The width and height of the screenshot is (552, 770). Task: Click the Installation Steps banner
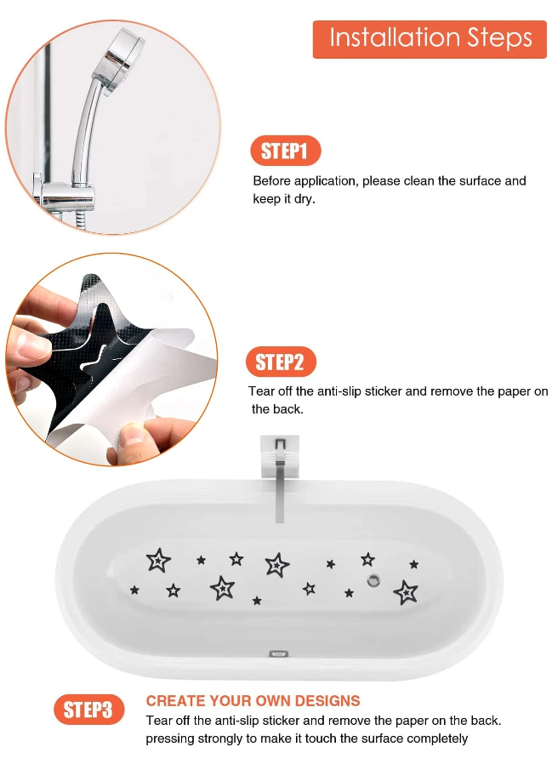click(430, 39)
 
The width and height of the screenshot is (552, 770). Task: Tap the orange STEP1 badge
click(285, 151)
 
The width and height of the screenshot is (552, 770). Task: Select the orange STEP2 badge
click(280, 362)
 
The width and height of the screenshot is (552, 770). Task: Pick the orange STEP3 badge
click(88, 710)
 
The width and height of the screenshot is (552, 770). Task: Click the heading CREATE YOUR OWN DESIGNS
click(253, 701)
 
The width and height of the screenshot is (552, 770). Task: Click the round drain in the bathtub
click(372, 580)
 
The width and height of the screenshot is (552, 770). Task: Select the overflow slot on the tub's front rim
click(278, 654)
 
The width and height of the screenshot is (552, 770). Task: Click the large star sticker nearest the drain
click(406, 592)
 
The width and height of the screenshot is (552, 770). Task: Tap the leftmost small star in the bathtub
click(134, 590)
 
